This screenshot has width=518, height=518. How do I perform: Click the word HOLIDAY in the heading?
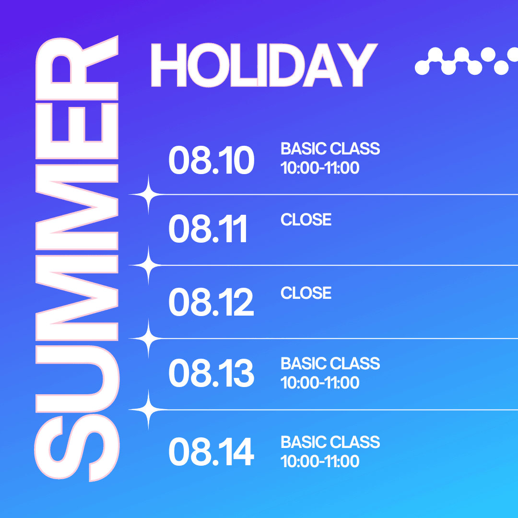264,65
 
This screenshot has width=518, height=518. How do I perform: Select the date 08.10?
212,160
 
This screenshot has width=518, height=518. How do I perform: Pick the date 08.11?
208,229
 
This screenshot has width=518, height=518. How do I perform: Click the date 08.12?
211,302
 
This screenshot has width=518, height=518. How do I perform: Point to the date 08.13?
212,373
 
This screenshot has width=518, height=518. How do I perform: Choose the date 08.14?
212,452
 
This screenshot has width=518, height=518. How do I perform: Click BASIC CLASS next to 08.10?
330,149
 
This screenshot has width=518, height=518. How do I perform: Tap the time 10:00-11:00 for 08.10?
320,168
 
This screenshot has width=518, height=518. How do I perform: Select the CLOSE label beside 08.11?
306,220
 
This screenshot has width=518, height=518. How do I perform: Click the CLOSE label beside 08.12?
306,293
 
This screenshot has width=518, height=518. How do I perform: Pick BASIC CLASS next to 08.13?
330,364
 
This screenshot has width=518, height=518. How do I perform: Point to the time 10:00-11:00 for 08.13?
320,383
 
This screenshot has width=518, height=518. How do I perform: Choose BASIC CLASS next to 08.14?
330,442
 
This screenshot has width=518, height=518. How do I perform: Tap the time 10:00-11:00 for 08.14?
320,461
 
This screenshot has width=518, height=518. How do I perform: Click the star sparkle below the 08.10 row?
148,195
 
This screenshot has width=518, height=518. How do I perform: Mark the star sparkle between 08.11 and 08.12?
148,265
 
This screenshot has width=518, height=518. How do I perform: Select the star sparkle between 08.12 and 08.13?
148,339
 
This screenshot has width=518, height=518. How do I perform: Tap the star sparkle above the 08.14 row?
148,410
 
